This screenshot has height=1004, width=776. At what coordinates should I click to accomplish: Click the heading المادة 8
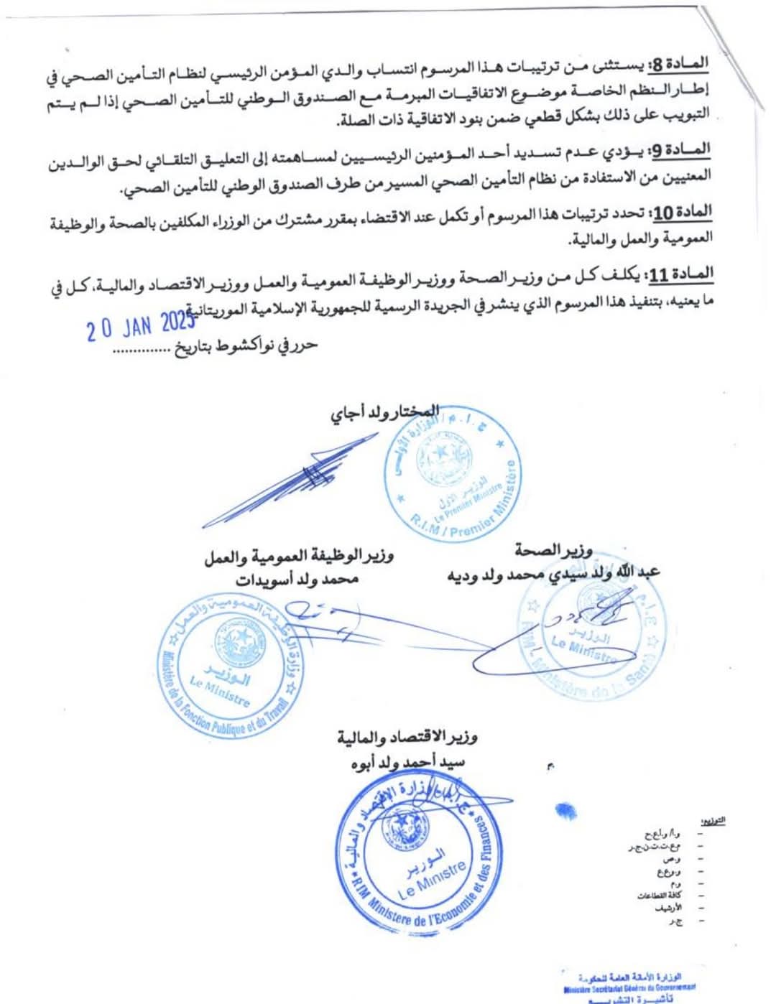click(678, 65)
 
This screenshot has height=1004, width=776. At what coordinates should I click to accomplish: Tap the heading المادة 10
click(680, 213)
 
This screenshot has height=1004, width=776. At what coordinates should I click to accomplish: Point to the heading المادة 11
click(680, 274)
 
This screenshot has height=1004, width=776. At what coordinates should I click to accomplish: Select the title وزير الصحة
click(553, 551)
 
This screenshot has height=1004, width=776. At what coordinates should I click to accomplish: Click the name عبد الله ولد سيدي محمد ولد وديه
click(553, 574)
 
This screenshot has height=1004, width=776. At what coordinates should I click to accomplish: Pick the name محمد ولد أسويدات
click(297, 579)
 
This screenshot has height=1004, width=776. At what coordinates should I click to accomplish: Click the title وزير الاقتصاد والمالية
click(407, 737)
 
